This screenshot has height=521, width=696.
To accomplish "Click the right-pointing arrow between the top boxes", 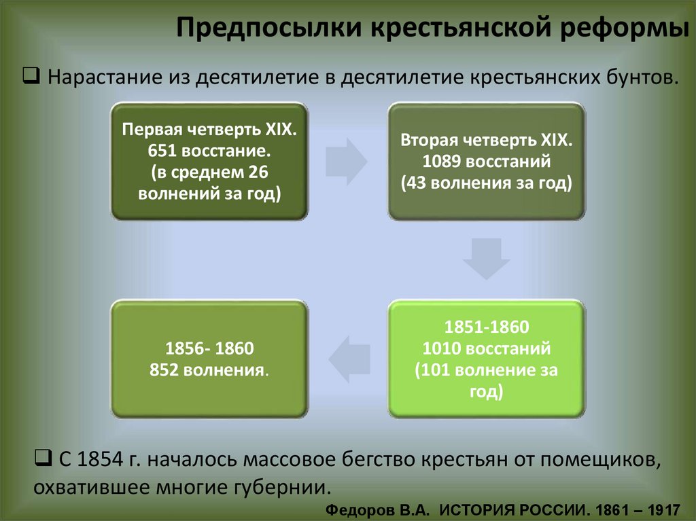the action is click(x=346, y=161).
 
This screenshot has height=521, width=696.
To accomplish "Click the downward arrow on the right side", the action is click(x=487, y=259).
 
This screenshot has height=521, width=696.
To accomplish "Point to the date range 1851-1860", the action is click(x=485, y=329).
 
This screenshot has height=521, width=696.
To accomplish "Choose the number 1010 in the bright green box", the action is click(x=442, y=350).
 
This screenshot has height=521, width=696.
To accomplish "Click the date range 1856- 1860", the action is click(x=209, y=349).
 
